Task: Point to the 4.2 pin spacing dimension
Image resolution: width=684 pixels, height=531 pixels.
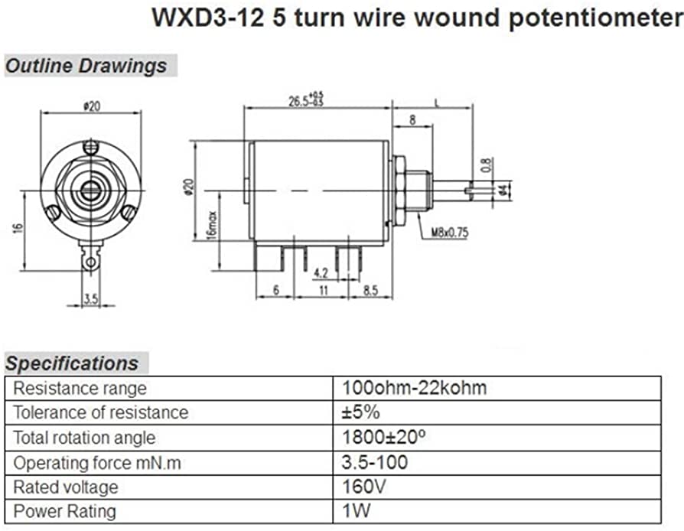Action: (x=321, y=272)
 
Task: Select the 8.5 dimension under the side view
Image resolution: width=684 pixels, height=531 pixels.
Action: (x=370, y=291)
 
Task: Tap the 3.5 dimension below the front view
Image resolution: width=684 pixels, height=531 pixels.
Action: (x=91, y=299)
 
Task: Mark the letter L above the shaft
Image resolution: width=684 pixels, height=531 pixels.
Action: (x=436, y=101)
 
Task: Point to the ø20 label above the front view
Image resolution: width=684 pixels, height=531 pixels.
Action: (x=92, y=106)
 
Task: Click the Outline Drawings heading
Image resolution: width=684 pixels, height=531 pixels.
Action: (x=86, y=66)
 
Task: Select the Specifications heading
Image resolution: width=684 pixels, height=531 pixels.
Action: (x=73, y=363)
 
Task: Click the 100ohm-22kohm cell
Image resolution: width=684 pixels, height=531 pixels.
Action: (x=414, y=388)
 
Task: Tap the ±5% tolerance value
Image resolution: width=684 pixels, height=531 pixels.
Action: (x=361, y=412)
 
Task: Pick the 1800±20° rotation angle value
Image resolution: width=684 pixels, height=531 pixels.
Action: (x=381, y=438)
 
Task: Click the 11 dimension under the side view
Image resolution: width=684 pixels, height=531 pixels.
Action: (x=323, y=291)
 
